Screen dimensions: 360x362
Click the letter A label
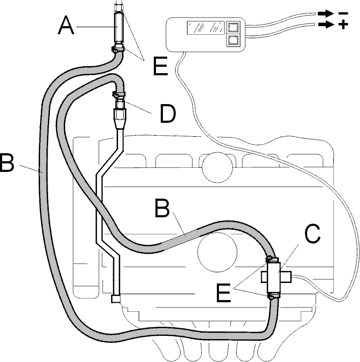tap(66, 26)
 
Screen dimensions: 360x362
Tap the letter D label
tap(168, 114)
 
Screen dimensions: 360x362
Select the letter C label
tap(312, 233)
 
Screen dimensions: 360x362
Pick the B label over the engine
tap(162, 208)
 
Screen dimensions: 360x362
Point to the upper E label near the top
tap(161, 66)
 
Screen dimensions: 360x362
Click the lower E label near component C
tap(223, 293)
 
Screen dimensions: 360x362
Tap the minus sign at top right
tap(343, 14)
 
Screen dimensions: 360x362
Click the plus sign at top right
tap(343, 24)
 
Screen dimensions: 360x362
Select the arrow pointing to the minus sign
tap(326, 14)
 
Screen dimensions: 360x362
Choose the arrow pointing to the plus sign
tap(326, 24)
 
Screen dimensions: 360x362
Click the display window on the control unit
tap(206, 28)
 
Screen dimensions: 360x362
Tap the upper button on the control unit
tap(233, 28)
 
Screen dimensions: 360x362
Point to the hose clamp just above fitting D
tap(119, 95)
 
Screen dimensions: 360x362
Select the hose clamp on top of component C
tap(272, 260)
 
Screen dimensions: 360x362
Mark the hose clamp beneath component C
tap(273, 295)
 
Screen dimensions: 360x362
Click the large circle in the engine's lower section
tap(217, 252)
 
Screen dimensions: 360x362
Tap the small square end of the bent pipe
tap(116, 298)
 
